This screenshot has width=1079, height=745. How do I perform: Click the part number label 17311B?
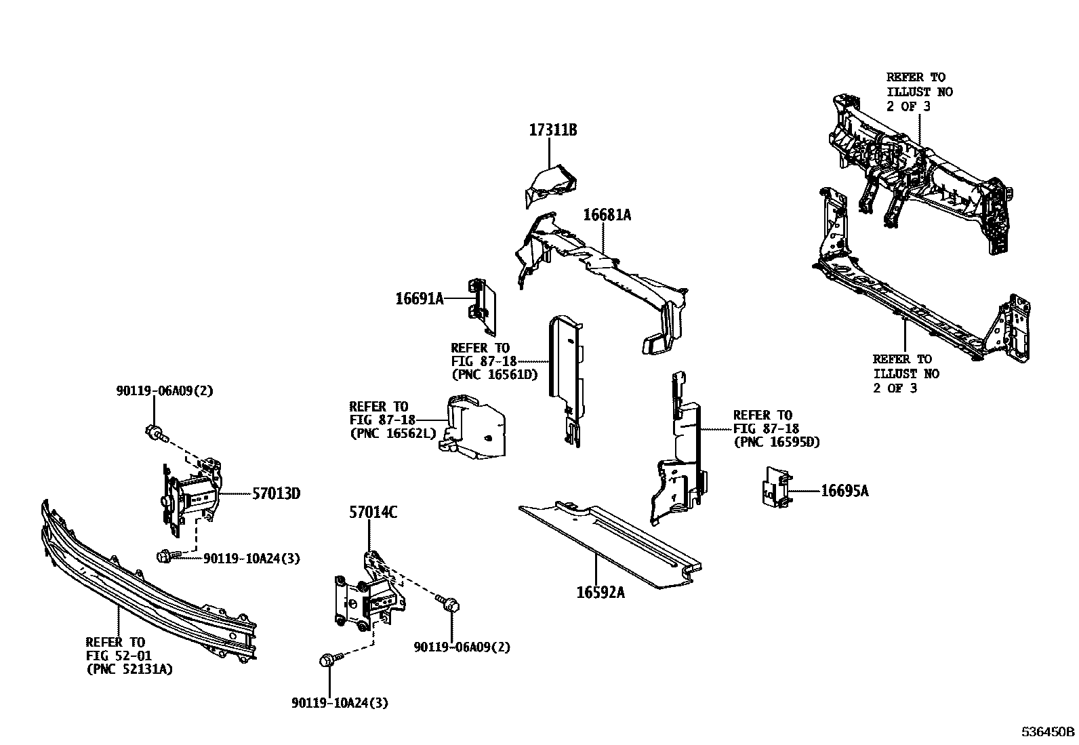[x=552, y=130]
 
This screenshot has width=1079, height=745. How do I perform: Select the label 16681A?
[x=607, y=215]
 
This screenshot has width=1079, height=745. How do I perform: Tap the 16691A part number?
[x=420, y=298]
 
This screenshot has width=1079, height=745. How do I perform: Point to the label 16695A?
[x=844, y=491]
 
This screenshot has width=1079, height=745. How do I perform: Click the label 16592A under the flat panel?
[x=600, y=592]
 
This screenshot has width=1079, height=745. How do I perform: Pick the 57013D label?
[x=276, y=494]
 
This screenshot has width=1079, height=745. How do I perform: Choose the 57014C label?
[x=373, y=513]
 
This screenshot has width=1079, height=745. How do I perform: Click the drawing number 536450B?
[x=1048, y=732]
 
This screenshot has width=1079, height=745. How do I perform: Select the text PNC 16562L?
[x=393, y=434]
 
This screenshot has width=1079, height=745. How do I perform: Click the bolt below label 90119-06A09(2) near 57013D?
[x=155, y=432]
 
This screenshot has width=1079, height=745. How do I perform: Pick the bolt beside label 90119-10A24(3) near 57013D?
[x=165, y=557]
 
